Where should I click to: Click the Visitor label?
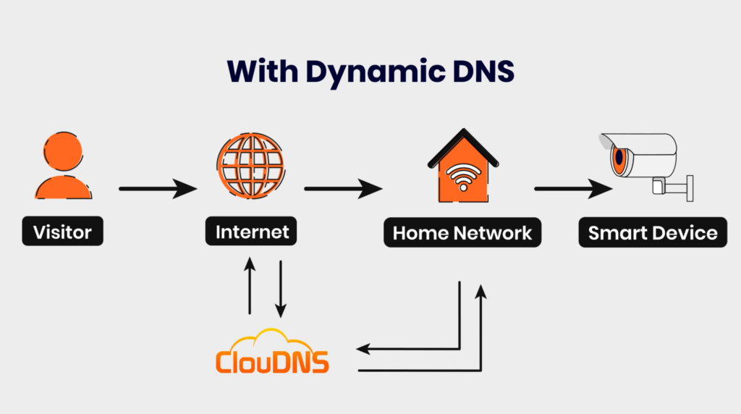[62, 232]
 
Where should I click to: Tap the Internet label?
[252, 232]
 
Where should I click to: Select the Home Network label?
[462, 232]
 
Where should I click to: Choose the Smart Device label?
[652, 232]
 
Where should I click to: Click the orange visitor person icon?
[63, 166]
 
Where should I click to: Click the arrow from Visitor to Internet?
[158, 190]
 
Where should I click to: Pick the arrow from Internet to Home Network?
[343, 190]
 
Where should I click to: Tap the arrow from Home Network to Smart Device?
[572, 190]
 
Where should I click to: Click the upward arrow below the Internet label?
[250, 287]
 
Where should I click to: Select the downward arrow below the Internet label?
[280, 288]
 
